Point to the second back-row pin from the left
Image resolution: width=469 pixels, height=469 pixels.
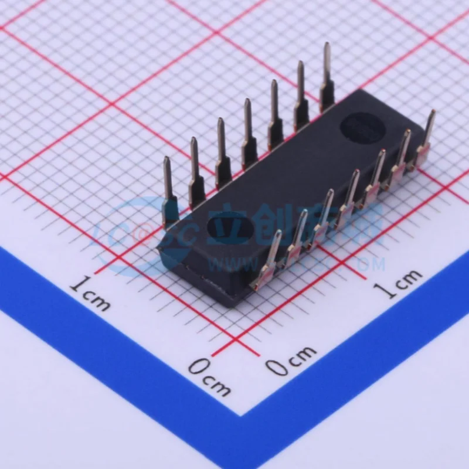[196, 172]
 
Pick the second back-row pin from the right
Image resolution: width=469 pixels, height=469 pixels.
[301, 97]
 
